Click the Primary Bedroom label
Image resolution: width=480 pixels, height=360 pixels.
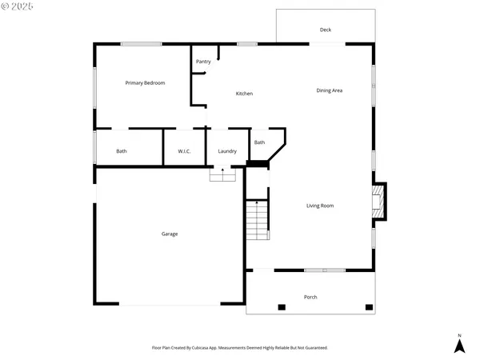tap(145, 82)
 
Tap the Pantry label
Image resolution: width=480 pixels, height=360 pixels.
tap(203, 61)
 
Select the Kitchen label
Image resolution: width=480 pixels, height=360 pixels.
tap(244, 94)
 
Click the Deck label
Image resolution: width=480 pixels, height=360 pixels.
tap(326, 30)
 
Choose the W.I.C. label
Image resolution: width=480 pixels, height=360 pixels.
tap(183, 151)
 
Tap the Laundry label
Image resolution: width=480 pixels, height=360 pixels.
tap(226, 151)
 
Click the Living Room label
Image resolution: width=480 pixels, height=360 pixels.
tap(320, 206)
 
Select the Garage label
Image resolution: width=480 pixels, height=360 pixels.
tap(170, 234)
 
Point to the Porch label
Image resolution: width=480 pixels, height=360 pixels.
tap(310, 297)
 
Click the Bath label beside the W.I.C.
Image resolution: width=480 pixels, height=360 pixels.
tap(121, 151)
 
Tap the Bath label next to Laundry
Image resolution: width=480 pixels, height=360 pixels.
tap(259, 142)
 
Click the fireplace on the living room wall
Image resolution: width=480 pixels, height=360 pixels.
tap(381, 202)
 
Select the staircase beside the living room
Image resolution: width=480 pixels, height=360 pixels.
tap(256, 220)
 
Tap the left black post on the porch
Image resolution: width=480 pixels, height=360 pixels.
tap(281, 307)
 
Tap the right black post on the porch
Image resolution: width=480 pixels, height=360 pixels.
tap(369, 307)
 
